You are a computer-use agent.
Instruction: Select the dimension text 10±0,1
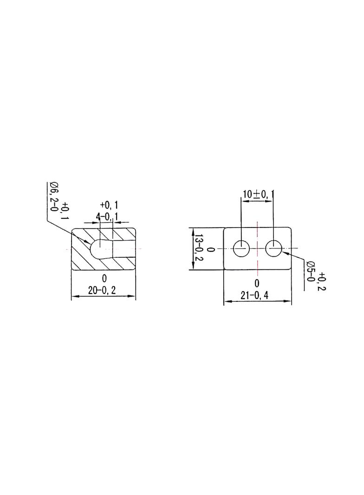coord(258,194)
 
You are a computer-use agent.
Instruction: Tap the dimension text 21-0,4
coord(254,295)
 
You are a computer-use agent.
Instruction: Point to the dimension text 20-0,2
coord(102,290)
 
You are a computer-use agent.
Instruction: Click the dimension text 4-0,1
coord(107,216)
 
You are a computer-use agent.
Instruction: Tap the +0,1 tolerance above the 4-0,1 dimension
coord(109,206)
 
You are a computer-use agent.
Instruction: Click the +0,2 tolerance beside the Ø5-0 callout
coord(322,282)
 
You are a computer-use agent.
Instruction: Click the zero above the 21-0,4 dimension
coord(257,283)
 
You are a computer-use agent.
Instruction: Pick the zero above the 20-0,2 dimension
coord(104,279)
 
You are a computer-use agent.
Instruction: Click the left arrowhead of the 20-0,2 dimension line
coord(76,296)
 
